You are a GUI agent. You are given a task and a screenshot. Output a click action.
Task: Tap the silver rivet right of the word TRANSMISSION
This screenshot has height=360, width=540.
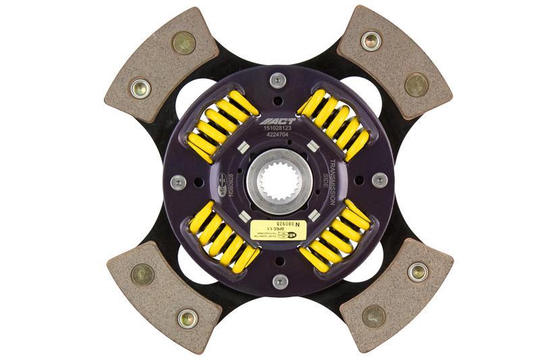pyautogui.click(x=379, y=180)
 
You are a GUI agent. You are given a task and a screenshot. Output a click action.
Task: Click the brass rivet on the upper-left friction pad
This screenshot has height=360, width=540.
pyautogui.click(x=183, y=43)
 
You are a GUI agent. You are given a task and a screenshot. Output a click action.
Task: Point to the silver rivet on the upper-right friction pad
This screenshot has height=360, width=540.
pyautogui.click(x=371, y=40)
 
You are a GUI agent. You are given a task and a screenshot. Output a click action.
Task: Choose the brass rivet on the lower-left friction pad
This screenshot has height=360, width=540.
pyautogui.click(x=142, y=274)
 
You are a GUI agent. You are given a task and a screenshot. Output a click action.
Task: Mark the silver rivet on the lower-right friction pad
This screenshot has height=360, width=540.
pyautogui.click(x=417, y=271)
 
